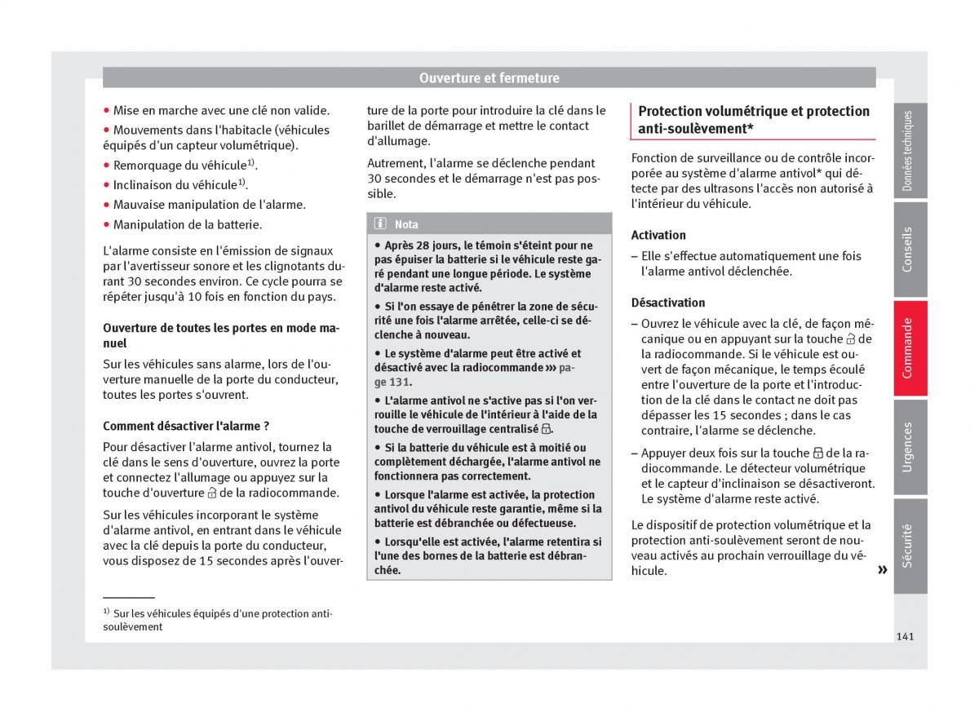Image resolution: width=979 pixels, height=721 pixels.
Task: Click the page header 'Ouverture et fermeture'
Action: [489, 78]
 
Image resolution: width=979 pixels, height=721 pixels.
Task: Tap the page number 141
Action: [903, 636]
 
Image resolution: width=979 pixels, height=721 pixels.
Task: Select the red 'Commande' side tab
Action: [910, 348]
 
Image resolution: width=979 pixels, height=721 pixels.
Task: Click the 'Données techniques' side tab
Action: [910, 151]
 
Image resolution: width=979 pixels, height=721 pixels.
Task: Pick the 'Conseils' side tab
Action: [910, 249]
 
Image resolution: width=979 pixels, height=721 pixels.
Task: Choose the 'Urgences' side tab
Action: [910, 446]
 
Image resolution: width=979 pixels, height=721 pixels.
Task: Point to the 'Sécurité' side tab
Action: [910, 545]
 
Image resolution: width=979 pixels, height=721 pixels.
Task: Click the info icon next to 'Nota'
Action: [381, 224]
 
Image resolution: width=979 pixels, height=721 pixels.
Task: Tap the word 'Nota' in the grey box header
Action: [406, 224]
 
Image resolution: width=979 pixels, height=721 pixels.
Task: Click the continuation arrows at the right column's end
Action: [882, 570]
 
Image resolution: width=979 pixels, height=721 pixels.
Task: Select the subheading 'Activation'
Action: [658, 235]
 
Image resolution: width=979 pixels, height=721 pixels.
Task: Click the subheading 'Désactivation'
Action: [668, 302]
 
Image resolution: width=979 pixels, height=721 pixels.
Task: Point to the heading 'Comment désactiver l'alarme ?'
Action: [186, 426]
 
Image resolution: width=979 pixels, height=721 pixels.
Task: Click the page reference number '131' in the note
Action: [400, 382]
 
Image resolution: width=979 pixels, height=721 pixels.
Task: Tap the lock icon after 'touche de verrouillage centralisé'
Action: [546, 429]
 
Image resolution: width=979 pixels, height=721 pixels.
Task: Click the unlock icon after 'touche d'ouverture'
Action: [211, 493]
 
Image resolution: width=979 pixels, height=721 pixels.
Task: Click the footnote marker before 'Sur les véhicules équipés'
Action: [106, 612]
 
